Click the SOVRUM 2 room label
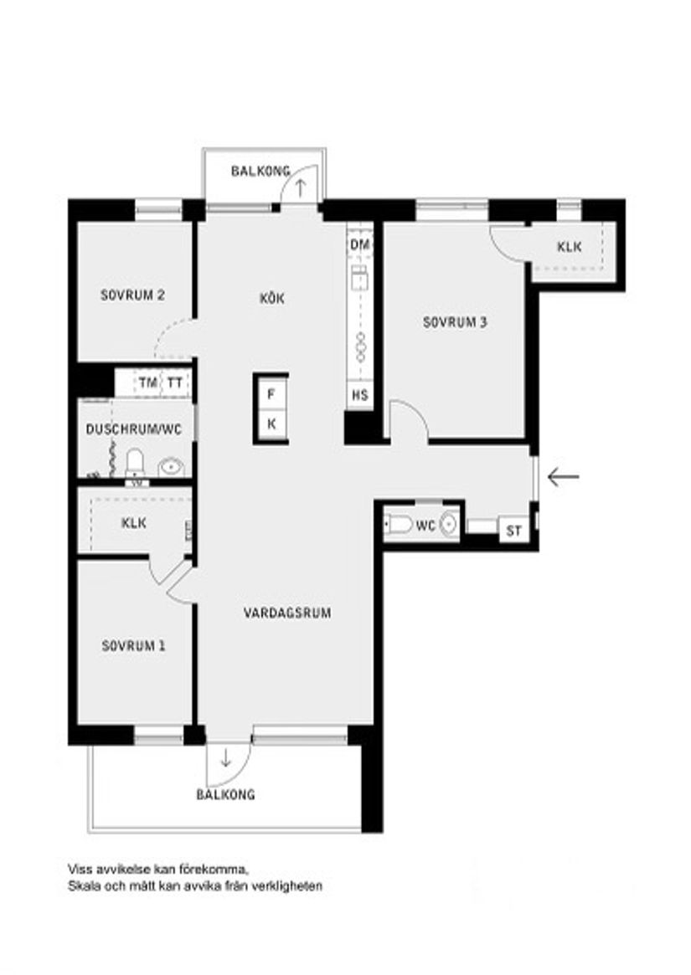pos(132,295)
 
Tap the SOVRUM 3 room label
pos(455,321)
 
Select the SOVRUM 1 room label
pos(133,645)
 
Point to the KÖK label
pos(273,298)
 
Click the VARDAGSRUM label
pos(287,613)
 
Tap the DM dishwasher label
pos(360,245)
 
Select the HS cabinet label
pos(360,395)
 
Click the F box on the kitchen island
pos(271,394)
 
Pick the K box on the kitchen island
pos(271,424)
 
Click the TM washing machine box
pos(148,383)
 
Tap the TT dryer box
pos(174,383)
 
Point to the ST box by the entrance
pos(514,531)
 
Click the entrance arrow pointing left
pos(563,477)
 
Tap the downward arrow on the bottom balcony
pos(226,759)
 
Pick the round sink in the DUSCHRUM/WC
pos(172,467)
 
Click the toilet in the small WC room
pos(399,526)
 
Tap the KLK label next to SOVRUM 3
pos(570,247)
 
